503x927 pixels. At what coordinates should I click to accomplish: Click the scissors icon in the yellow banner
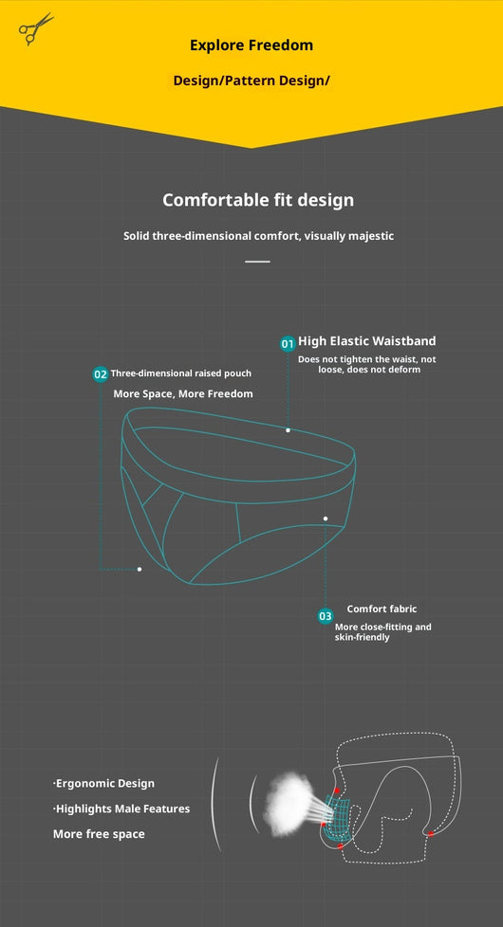(x=35, y=28)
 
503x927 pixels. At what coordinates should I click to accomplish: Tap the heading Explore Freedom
(x=251, y=45)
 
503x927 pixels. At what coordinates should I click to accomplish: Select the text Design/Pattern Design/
(x=251, y=81)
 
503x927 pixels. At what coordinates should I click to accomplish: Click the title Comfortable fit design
(x=258, y=200)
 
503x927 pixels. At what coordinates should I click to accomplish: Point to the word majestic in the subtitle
(x=370, y=236)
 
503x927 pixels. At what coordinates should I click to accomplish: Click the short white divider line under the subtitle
(x=257, y=261)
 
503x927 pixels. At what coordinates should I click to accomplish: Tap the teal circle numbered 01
(x=288, y=343)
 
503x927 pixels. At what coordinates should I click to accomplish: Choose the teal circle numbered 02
(x=100, y=374)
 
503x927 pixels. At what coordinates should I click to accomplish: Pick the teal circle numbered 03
(x=326, y=617)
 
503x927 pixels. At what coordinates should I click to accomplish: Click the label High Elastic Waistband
(x=367, y=341)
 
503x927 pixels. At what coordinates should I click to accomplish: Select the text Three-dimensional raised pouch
(x=181, y=373)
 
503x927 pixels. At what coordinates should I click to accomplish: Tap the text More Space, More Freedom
(x=183, y=393)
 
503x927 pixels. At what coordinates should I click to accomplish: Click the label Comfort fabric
(x=382, y=609)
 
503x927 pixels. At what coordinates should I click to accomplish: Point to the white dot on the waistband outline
(x=289, y=430)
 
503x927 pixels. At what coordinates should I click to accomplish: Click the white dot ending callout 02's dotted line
(x=140, y=570)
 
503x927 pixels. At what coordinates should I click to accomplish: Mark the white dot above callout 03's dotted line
(x=326, y=518)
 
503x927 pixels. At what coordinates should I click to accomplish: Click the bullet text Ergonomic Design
(x=103, y=784)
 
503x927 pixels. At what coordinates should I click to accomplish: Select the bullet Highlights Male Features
(x=121, y=809)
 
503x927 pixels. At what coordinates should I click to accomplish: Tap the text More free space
(x=99, y=834)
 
